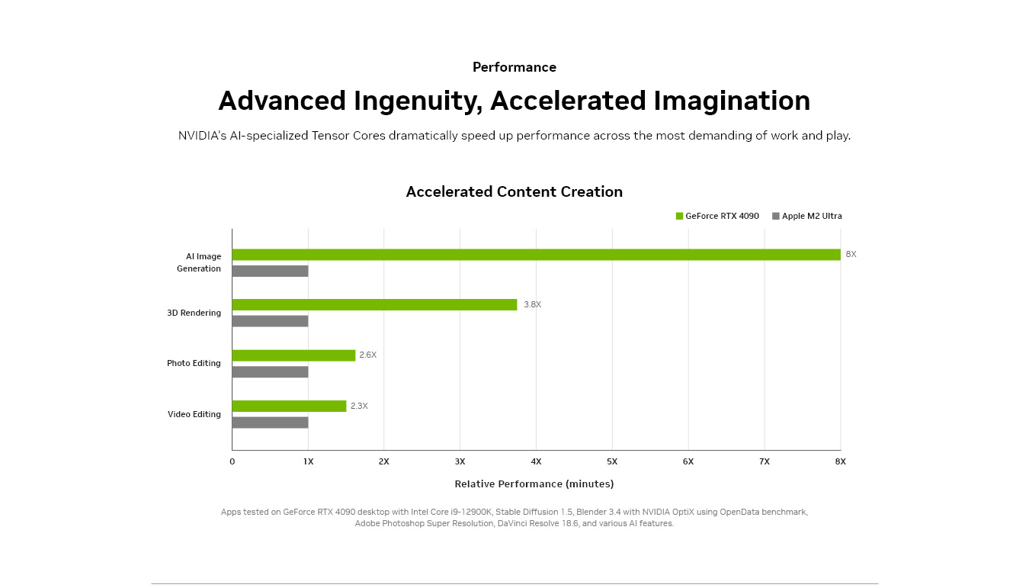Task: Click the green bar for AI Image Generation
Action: point(536,255)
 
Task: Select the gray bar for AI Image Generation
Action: point(270,272)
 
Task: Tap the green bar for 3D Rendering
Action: point(374,305)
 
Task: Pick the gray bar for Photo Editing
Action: point(270,372)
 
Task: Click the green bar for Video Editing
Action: point(289,406)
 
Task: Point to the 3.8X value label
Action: point(533,304)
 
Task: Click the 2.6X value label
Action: point(368,355)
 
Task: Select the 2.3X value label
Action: point(359,406)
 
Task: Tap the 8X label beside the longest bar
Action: point(851,254)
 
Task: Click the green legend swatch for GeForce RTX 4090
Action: point(679,216)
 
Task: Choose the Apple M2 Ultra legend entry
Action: point(807,216)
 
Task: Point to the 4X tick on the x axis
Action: point(536,461)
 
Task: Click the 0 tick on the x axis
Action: point(232,461)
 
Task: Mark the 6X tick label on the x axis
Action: point(688,461)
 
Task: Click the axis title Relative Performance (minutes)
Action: point(534,484)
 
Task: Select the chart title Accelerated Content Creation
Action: point(514,191)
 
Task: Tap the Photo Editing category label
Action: point(194,363)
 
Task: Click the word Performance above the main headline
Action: point(514,67)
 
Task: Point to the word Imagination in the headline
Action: point(732,101)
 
